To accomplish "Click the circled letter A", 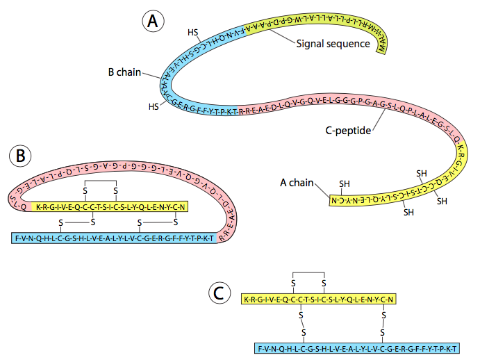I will [153, 21].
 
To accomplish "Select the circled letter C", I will [220, 293].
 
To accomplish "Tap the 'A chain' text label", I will [297, 183].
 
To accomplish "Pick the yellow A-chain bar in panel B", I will [111, 206].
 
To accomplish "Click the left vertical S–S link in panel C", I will [301, 323].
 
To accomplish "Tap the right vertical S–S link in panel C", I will [383, 323].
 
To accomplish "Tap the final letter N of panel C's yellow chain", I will [392, 300].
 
